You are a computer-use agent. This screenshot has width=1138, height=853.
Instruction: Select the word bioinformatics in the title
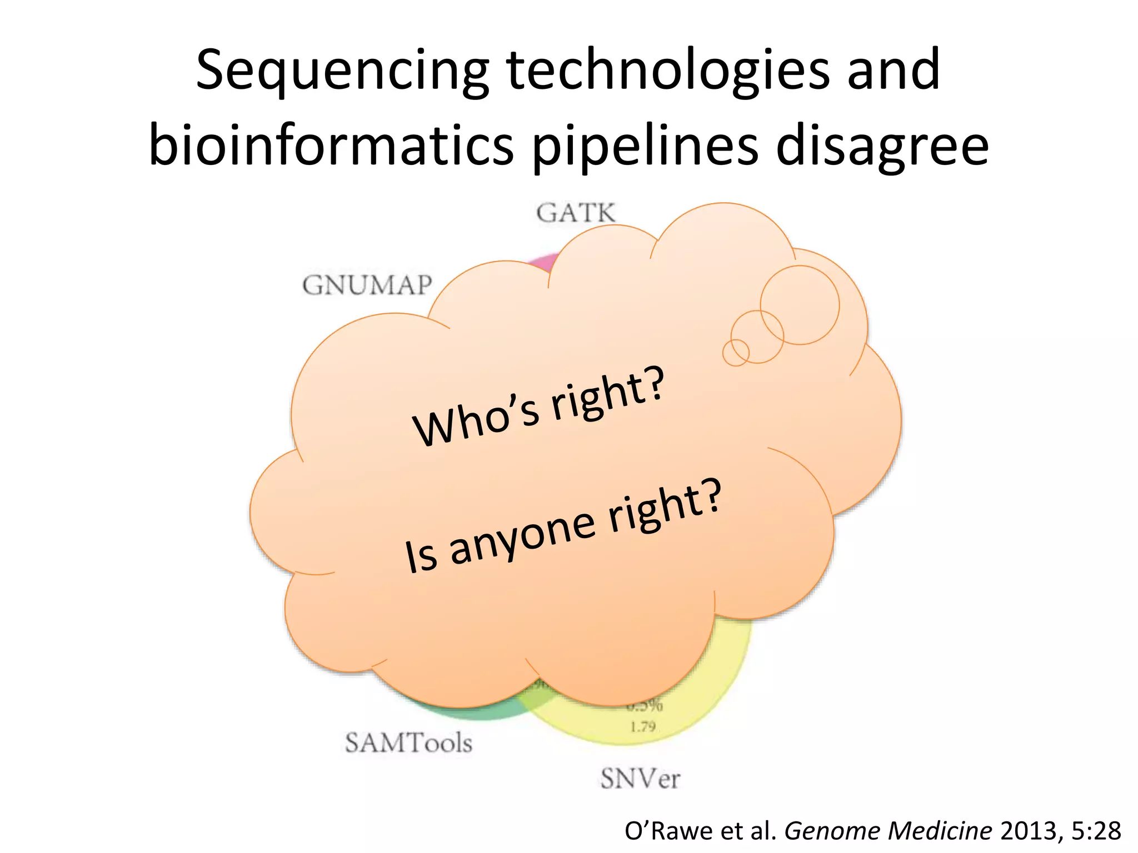(x=331, y=145)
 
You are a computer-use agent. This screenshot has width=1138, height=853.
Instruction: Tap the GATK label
(x=576, y=213)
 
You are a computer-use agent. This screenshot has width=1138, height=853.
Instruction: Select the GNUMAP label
(x=367, y=285)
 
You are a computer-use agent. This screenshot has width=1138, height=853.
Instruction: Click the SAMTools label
(x=408, y=743)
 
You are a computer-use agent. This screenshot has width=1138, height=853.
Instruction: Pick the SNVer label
(x=640, y=779)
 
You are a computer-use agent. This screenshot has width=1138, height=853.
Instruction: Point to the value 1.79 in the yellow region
(x=642, y=726)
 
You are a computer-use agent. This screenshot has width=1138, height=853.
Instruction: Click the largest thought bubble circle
(x=800, y=305)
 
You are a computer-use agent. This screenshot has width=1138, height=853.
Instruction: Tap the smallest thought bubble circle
(x=736, y=353)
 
